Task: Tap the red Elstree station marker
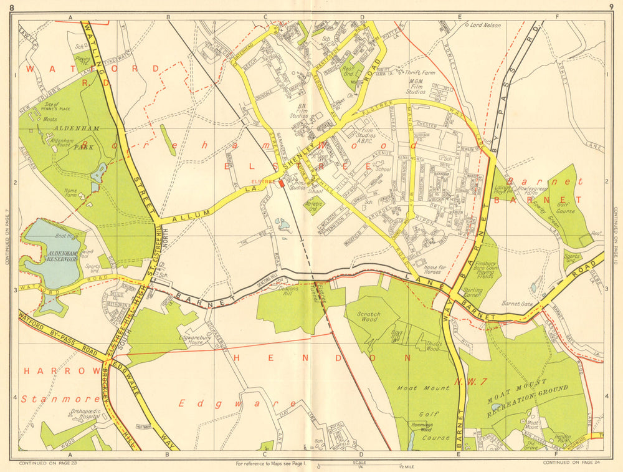coord(282,184)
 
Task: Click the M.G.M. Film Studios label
coord(417,86)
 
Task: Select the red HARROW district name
coord(44,371)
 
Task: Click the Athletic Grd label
coord(313,205)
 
